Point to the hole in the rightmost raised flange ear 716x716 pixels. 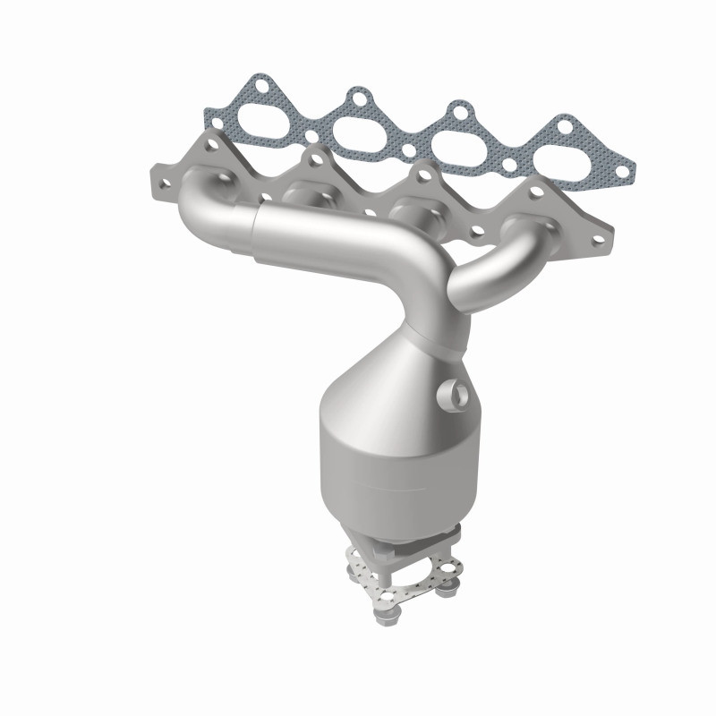538,190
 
